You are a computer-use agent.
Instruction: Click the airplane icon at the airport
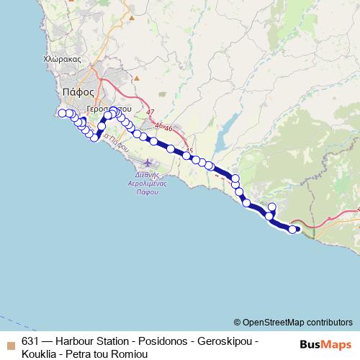[x=149, y=161]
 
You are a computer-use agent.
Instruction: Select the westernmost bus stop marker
[x=62, y=113]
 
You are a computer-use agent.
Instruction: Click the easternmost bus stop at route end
[x=292, y=230]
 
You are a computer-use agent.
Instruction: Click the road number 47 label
[x=150, y=113]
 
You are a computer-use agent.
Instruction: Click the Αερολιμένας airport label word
[x=147, y=184]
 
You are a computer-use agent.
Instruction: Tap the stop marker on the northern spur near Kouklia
[x=271, y=207]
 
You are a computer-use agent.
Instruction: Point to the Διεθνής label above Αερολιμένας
[x=147, y=175]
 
